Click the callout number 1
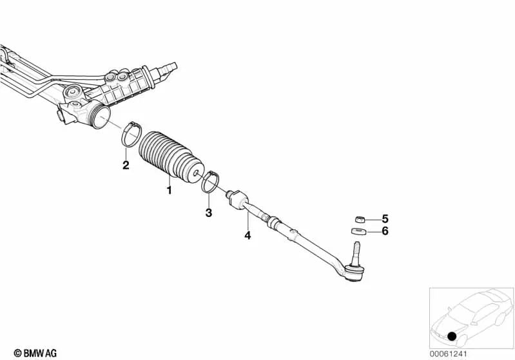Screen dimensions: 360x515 170,190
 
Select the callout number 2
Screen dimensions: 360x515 126,166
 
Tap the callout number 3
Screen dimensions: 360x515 208,212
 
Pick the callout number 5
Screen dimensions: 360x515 385,218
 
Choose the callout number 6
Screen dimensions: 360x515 385,231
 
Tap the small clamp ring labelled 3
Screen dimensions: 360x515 210,182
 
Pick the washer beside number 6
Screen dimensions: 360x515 358,231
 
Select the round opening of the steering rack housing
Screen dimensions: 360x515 99,120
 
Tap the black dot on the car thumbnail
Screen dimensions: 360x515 451,336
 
